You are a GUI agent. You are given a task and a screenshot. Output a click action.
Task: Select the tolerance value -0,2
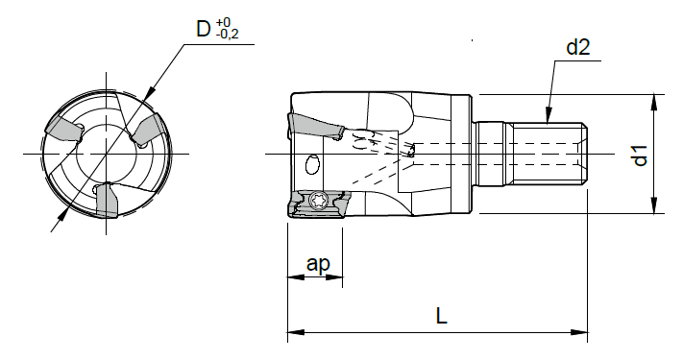coord(230,35)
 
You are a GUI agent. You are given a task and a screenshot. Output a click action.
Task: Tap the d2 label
coord(576,46)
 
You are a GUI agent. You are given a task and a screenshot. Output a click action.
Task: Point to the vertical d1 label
coord(642,155)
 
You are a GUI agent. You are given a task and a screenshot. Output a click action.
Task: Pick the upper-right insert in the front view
coord(150,129)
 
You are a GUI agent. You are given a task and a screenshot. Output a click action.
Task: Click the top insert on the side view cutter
coord(315,124)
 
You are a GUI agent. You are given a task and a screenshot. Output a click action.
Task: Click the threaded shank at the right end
coord(543,155)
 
